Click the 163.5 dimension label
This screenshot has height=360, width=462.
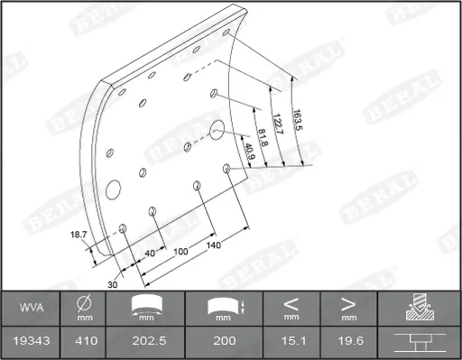[298, 120]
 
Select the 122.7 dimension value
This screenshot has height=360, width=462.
[278, 125]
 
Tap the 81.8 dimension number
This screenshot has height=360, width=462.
[263, 137]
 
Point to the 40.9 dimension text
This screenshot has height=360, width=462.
[249, 152]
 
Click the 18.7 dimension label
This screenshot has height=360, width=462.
[79, 235]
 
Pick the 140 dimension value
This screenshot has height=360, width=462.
[214, 245]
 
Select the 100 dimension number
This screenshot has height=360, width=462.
[180, 252]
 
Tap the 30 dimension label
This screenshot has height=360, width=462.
[113, 284]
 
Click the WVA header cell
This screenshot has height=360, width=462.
[32, 308]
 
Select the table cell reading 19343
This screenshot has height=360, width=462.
[32, 341]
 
